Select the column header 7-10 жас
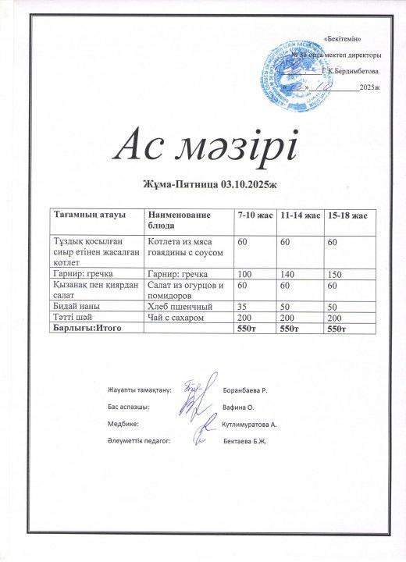pos(255,214)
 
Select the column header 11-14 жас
pos(300,214)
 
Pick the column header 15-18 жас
pos(345,214)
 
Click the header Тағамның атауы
pos(84,214)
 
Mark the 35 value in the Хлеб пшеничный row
pos(243,308)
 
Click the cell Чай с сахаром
pos(176,318)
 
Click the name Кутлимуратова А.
pos(255,425)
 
